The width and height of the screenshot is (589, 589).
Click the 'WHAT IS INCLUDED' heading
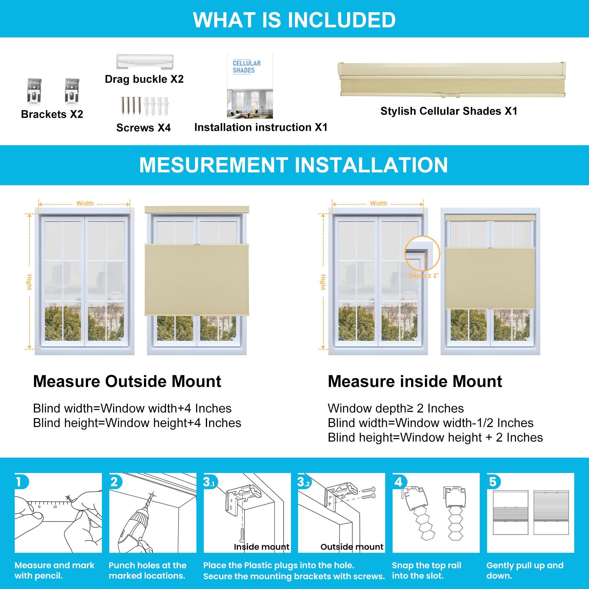[x=294, y=19]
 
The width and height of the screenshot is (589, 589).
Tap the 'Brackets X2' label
[x=52, y=114]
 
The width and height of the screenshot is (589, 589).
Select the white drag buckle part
[x=145, y=62]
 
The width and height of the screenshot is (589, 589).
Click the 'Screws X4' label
[x=143, y=128]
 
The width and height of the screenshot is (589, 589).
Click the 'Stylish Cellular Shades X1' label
[x=449, y=111]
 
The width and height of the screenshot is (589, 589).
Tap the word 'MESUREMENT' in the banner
[x=214, y=165]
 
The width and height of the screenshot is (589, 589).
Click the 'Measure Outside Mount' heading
[x=127, y=381]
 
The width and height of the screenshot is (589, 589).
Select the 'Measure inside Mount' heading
[x=415, y=381]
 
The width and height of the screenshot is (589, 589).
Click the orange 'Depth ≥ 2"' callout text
[x=423, y=276]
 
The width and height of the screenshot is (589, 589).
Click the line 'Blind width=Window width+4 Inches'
[x=132, y=408]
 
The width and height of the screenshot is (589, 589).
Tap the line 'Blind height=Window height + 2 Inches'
[x=435, y=438]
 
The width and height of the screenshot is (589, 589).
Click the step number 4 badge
[x=398, y=482]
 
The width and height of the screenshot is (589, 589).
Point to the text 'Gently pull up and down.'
[x=525, y=570]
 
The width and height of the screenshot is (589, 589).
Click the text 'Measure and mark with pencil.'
[x=54, y=570]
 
